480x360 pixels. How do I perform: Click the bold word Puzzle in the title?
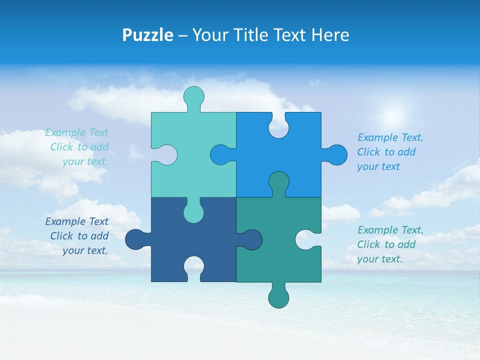click(x=147, y=35)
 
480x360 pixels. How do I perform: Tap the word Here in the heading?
click(x=330, y=35)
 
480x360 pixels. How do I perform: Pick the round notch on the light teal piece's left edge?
click(x=166, y=155)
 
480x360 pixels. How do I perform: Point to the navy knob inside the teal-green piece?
click(x=251, y=239)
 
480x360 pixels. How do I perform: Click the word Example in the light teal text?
click(x=65, y=132)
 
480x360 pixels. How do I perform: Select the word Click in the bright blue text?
click(x=369, y=152)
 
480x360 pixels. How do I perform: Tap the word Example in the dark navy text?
click(x=65, y=221)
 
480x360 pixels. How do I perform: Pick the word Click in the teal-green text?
click(x=369, y=244)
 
